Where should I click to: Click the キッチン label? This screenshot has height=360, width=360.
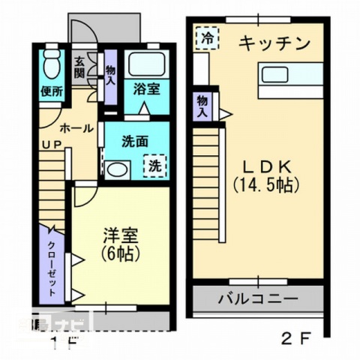tap(274, 44)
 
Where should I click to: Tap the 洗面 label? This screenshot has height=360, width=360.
tap(133, 139)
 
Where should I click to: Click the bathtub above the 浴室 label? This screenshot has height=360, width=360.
tap(147, 64)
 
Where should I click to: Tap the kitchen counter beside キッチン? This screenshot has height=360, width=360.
tap(290, 73)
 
